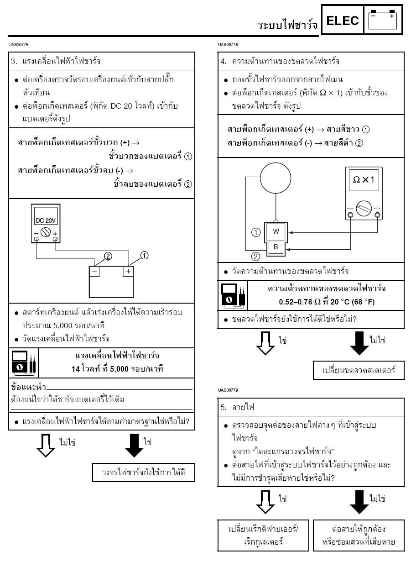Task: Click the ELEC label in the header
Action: [342, 21]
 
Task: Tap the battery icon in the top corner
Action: [383, 20]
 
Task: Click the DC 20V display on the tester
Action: [46, 220]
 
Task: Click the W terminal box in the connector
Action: [276, 231]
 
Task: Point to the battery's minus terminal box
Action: [94, 270]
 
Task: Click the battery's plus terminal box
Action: [128, 270]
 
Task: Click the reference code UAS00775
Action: [18, 44]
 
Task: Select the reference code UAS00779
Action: [229, 390]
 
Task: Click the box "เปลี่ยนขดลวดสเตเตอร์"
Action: [359, 370]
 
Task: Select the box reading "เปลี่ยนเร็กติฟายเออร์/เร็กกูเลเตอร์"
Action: [264, 535]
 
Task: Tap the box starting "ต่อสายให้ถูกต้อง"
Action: [359, 535]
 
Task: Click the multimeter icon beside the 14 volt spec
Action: [23, 362]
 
